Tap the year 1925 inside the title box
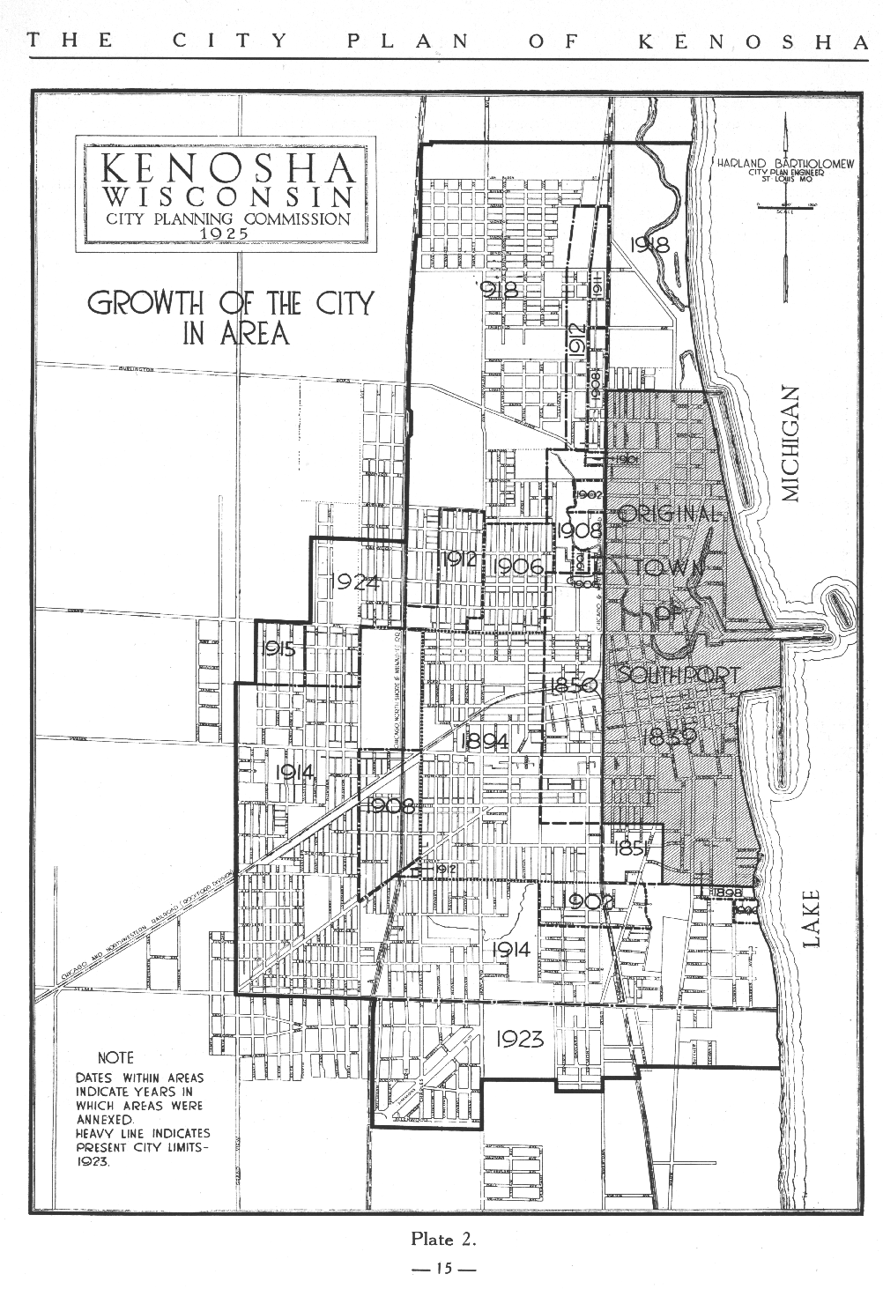pyautogui.click(x=226, y=233)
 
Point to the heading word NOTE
pyautogui.click(x=115, y=1057)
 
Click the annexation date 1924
pyautogui.click(x=356, y=582)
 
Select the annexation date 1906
pyautogui.click(x=520, y=567)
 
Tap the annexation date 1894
pyautogui.click(x=485, y=742)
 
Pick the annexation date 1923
pyautogui.click(x=519, y=1039)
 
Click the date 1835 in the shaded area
pyautogui.click(x=671, y=736)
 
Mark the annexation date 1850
pyautogui.click(x=574, y=685)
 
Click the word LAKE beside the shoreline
pyautogui.click(x=811, y=919)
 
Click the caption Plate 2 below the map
pyautogui.click(x=443, y=1239)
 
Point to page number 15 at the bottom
pyautogui.click(x=443, y=1270)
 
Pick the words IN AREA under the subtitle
pyautogui.click(x=235, y=334)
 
